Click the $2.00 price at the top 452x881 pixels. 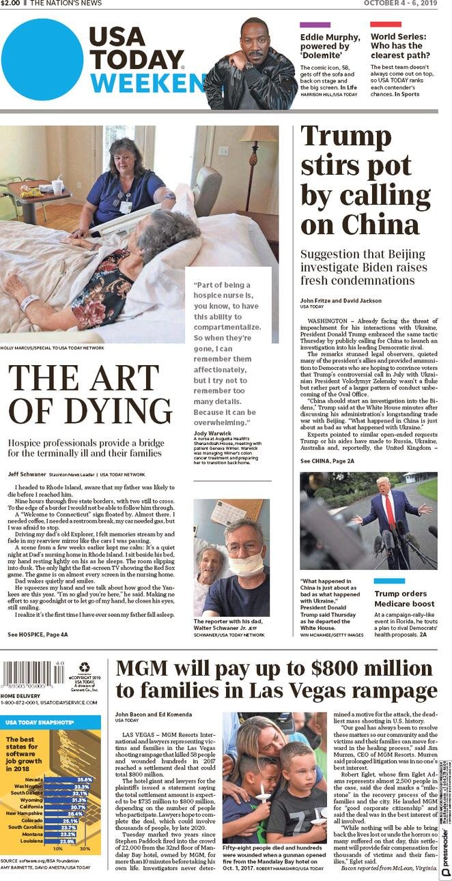point(10,3)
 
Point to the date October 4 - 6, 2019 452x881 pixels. point(399,3)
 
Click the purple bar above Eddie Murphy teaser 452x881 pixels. point(315,25)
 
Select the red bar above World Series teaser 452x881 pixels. point(386,25)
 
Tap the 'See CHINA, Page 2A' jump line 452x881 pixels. point(327,461)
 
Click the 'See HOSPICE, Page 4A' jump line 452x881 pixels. point(38,634)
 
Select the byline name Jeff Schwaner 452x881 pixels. point(27,474)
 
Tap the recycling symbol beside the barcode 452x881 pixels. point(84,667)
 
